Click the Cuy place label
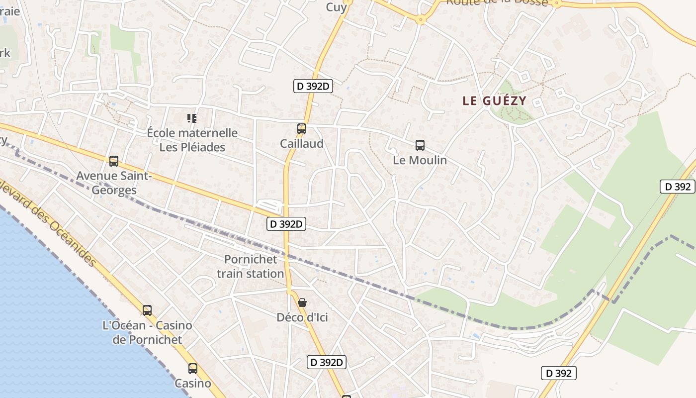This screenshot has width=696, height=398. tap(336, 6)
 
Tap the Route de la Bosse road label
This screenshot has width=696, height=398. tap(497, 2)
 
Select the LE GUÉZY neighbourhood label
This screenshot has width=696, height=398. tap(494, 101)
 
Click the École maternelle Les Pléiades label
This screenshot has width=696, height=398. tap(192, 140)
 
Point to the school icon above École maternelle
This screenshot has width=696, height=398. tap(192, 118)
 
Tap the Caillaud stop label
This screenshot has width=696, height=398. tap(301, 144)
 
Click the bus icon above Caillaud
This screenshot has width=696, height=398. tap(301, 129)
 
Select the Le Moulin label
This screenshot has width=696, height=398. tap(420, 160)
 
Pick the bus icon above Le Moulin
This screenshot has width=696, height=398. tap(420, 145)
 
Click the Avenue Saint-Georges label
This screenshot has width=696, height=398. tap(114, 183)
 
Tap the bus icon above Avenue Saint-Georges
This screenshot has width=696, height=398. tap(114, 161)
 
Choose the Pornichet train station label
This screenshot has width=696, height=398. tap(251, 266)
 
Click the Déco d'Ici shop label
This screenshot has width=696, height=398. tap(302, 317)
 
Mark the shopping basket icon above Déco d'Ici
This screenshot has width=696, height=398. tap(302, 302)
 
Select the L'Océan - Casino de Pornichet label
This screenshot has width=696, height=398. tap(147, 332)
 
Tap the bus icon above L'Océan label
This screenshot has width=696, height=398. tap(147, 310)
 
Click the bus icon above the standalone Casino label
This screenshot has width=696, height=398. tap(193, 369)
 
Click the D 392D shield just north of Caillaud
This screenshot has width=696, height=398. tap(313, 87)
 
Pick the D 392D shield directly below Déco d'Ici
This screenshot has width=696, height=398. tap(327, 362)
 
